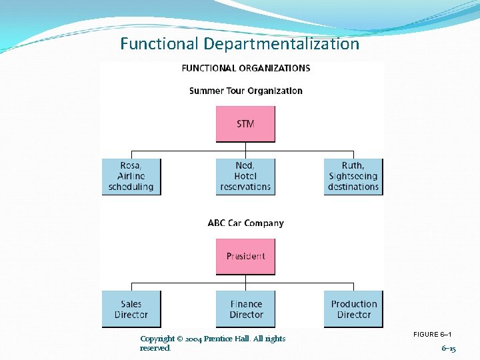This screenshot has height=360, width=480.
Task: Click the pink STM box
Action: click(x=245, y=124)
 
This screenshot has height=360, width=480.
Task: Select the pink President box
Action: click(x=245, y=256)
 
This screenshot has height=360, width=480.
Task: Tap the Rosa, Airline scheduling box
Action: click(x=131, y=176)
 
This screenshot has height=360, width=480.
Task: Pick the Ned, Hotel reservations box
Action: click(x=245, y=176)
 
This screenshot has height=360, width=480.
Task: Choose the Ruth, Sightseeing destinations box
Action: click(x=353, y=176)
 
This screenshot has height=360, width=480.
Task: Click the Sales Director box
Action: click(x=131, y=309)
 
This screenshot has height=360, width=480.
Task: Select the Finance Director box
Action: click(x=246, y=309)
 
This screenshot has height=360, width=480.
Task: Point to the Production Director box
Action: click(x=353, y=309)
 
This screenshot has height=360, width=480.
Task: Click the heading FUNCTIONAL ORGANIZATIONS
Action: click(x=245, y=68)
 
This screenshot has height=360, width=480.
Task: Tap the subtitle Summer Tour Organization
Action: click(x=245, y=91)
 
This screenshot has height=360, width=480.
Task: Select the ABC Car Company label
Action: click(x=245, y=223)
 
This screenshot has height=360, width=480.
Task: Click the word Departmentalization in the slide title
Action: click(x=281, y=44)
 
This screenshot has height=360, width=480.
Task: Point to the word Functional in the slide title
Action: click(x=159, y=44)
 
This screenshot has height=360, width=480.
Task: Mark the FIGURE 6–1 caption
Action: click(x=433, y=334)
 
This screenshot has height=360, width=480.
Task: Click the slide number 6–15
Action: click(x=449, y=349)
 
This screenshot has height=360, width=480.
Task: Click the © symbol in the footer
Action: click(x=181, y=339)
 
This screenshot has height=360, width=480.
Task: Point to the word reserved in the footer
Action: click(x=155, y=348)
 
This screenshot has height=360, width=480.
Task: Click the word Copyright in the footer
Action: click(x=157, y=339)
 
